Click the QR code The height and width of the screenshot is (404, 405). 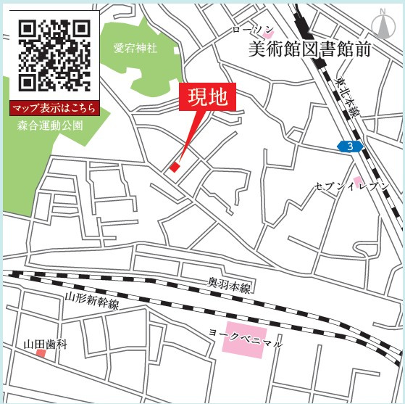click(x=54, y=54)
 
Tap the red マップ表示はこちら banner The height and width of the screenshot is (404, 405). click(x=54, y=109)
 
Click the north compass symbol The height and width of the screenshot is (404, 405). click(x=380, y=23)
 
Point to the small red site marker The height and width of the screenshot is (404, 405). click(x=174, y=167)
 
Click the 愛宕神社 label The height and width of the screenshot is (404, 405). click(x=135, y=49)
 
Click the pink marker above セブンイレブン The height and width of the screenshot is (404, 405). click(x=357, y=179)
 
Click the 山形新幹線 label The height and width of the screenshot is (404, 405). click(x=92, y=300)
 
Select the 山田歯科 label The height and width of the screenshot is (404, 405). click(x=45, y=344)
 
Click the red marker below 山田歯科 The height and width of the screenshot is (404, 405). click(x=41, y=353)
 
